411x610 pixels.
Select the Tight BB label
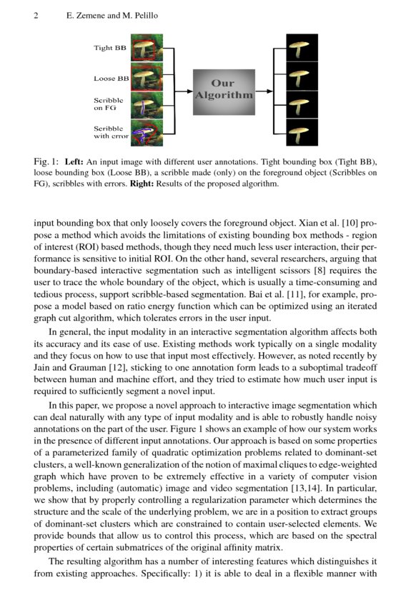pos(110,49)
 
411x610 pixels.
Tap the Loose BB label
pos(111,78)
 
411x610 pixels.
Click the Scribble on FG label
pos(108,104)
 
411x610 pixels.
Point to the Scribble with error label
pos(111,132)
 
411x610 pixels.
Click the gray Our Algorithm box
pos(223,91)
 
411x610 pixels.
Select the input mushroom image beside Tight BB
pos(147,48)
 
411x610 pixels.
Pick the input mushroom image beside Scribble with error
pos(147,132)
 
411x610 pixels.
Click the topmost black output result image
pos(297,48)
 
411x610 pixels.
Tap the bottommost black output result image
pos(297,132)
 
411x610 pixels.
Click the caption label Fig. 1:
pos(46,162)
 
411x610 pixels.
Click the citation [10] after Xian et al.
pos(344,222)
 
